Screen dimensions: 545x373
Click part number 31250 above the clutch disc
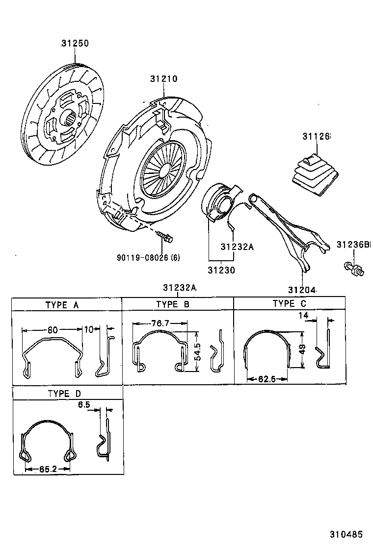[x=75, y=44]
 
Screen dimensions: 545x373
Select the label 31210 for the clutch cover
[x=163, y=79]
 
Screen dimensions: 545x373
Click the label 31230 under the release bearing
[x=221, y=270]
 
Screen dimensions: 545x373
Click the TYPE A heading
[x=62, y=305]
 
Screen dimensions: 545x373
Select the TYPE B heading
[x=173, y=304]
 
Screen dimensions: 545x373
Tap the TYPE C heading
[x=289, y=304]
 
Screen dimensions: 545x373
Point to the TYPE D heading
[x=64, y=394]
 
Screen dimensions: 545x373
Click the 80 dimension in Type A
[x=52, y=330]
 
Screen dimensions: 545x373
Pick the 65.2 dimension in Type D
[x=48, y=469]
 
